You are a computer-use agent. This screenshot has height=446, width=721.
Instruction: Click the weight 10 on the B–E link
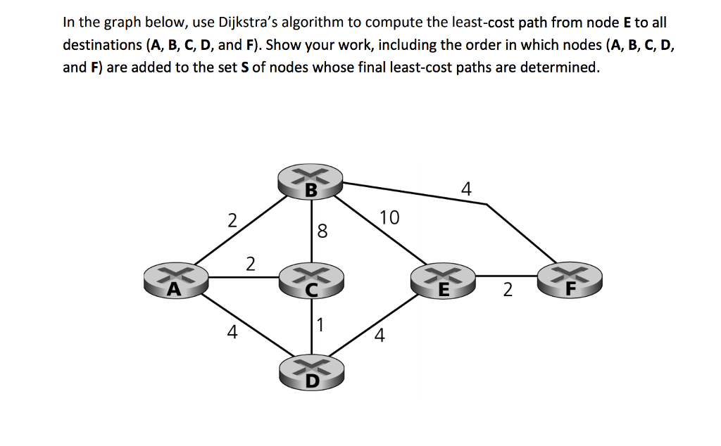(x=389, y=217)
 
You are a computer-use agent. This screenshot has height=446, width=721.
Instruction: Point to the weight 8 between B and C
(x=322, y=231)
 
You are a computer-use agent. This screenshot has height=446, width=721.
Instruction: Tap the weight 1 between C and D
(x=320, y=325)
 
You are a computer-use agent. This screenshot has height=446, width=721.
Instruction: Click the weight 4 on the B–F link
(x=466, y=189)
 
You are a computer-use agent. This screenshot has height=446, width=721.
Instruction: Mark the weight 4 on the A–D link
(x=232, y=332)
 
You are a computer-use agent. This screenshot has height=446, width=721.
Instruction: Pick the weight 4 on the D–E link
(x=380, y=336)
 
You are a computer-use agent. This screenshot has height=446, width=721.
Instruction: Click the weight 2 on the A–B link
(x=232, y=220)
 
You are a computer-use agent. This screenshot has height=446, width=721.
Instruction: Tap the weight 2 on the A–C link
(x=250, y=265)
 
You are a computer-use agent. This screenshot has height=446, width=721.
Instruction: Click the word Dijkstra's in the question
(x=242, y=22)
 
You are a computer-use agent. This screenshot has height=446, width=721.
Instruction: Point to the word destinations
(x=102, y=45)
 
